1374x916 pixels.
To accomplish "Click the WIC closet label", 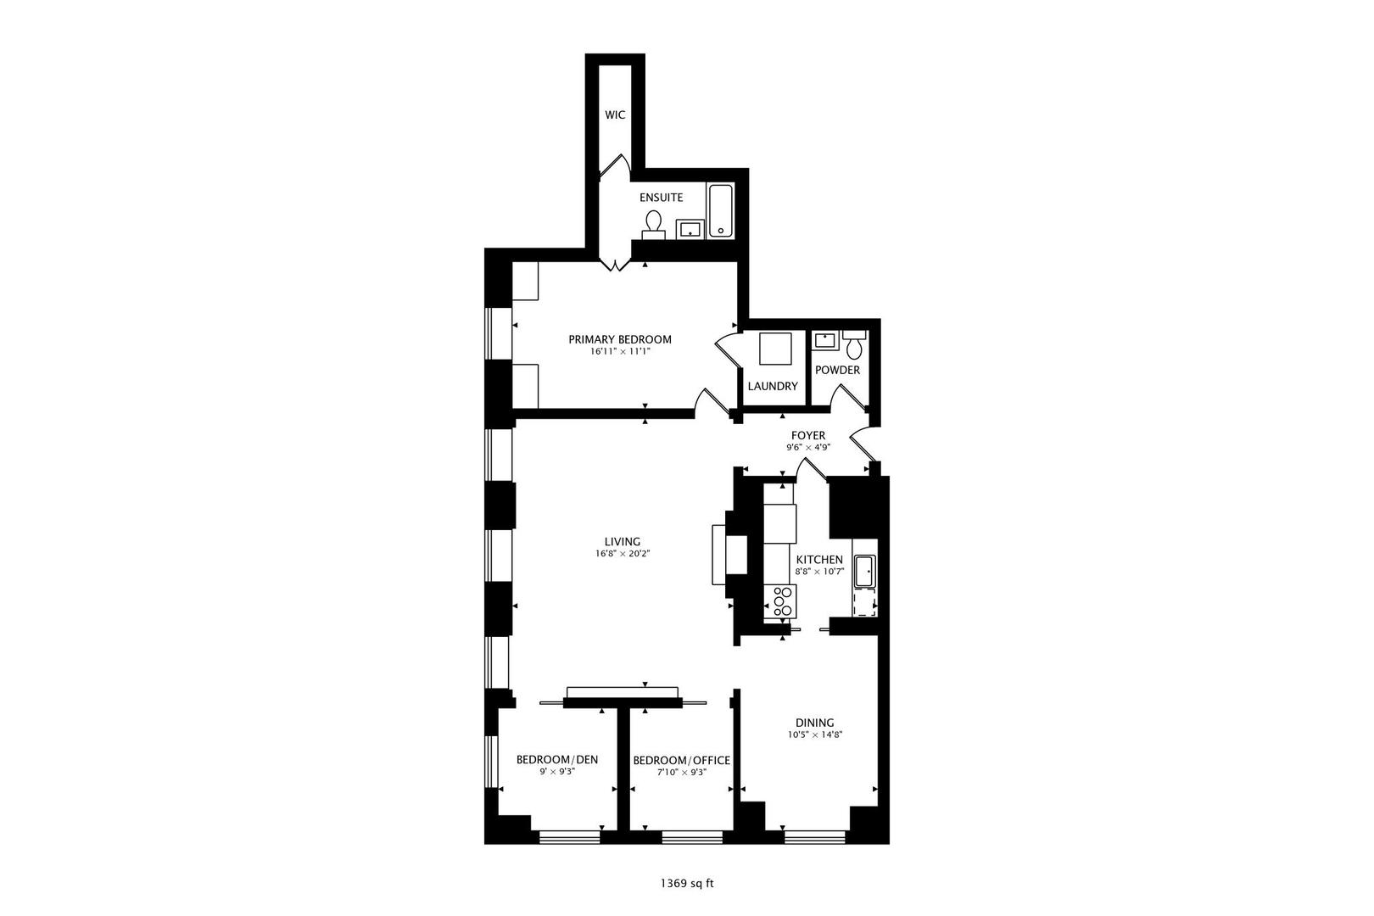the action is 615,114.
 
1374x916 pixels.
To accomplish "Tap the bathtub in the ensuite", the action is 721,210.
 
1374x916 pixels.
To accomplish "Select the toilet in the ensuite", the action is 654,225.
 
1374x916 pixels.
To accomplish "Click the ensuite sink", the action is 690,230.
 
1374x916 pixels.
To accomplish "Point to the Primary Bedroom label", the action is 619,339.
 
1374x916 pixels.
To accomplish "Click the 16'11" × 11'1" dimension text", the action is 619,351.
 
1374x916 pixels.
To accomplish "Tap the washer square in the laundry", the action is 775,349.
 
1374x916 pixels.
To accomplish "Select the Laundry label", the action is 773,386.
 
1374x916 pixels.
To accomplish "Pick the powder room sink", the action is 825,340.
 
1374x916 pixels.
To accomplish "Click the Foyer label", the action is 808,435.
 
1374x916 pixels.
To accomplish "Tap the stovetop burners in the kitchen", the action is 781,601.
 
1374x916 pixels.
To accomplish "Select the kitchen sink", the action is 865,572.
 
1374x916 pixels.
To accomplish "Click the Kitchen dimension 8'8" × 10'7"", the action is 819,571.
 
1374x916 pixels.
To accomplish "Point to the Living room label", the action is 623,542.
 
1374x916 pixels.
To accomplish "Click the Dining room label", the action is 814,723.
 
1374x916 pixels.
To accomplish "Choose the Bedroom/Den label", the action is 557,760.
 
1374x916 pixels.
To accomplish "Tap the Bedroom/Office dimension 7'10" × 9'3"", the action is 682,773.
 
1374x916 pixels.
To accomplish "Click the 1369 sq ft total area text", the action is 687,884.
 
